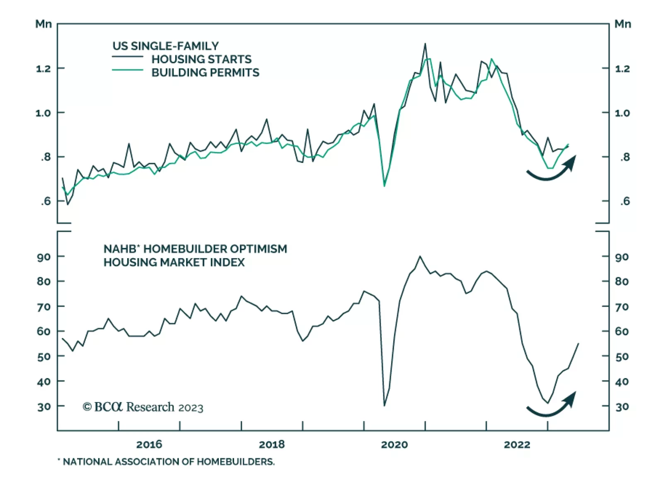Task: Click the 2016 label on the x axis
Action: click(149, 445)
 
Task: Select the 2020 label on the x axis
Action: click(394, 445)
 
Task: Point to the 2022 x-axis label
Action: click(517, 445)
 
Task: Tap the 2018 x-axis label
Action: click(272, 445)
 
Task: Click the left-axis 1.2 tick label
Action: click(43, 69)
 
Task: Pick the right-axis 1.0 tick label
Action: click(622, 113)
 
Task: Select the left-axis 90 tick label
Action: click(44, 257)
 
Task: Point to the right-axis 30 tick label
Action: click(622, 407)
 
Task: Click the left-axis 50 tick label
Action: click(44, 356)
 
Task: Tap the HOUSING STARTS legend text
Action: click(201, 59)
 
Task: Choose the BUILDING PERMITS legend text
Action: click(205, 73)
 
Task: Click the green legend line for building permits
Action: click(128, 70)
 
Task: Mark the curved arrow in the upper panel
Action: click(551, 170)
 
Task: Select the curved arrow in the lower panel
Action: click(551, 406)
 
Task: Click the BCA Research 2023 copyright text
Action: click(143, 407)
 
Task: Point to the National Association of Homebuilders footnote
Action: click(168, 462)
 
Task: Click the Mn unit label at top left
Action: click(44, 24)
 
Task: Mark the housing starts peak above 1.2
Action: click(425, 44)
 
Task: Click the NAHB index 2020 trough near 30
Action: click(385, 405)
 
